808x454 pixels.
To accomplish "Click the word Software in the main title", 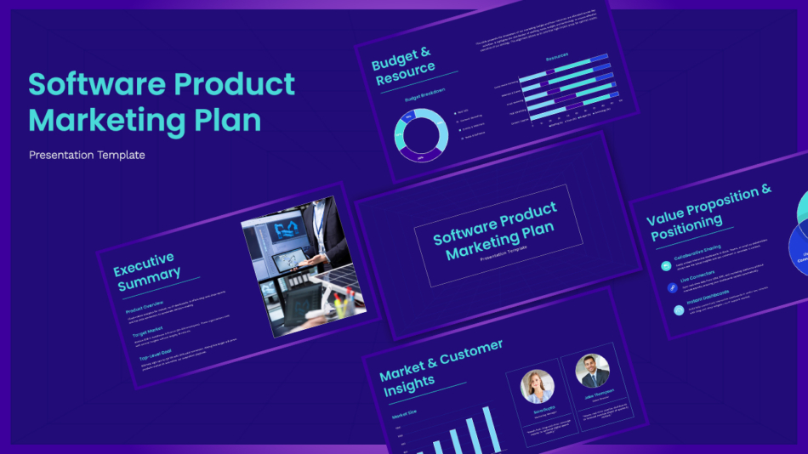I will pyautogui.click(x=94, y=85).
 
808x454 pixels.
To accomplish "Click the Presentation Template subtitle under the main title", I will pyautogui.click(x=87, y=155).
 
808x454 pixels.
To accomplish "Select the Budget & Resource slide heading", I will pyautogui.click(x=403, y=67).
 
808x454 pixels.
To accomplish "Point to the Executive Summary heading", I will pyautogui.click(x=147, y=270).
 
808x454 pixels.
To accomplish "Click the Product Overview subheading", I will pyautogui.click(x=145, y=306).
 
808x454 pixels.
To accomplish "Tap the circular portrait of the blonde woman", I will pyautogui.click(x=537, y=387).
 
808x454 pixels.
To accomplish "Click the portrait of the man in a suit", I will pyautogui.click(x=592, y=371).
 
